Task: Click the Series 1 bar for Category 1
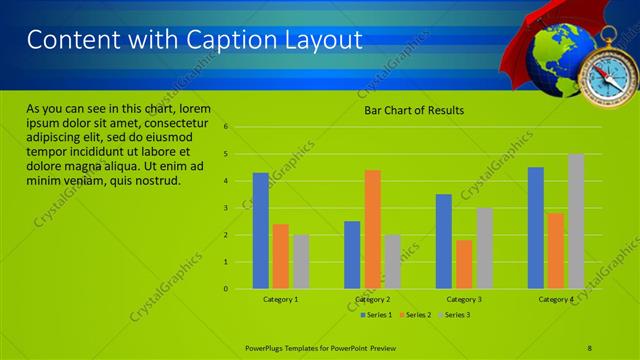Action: [x=260, y=231]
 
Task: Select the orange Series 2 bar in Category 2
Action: [x=372, y=229]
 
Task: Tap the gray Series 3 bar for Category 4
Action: [x=576, y=221]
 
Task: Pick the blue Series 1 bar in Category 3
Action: [x=444, y=241]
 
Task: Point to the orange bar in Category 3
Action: [x=464, y=264]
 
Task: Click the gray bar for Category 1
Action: [x=301, y=262]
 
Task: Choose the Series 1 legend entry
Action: [x=376, y=315]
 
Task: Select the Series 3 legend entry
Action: [x=455, y=315]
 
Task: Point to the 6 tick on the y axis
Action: [x=226, y=127]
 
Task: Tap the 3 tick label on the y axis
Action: [x=226, y=208]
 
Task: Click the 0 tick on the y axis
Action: [x=226, y=289]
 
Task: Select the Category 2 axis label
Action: [x=372, y=299]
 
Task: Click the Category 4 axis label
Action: [x=556, y=299]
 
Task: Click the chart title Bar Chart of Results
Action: [x=413, y=110]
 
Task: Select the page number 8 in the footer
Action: [x=589, y=346]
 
